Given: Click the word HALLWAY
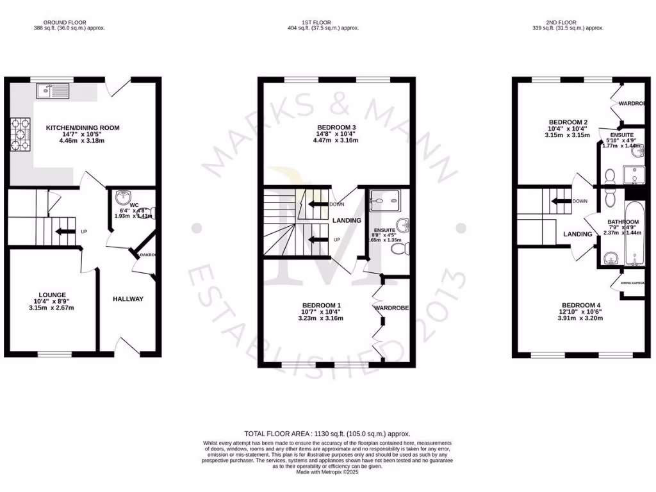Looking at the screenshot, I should (128, 299).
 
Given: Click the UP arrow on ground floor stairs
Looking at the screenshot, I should (65, 232).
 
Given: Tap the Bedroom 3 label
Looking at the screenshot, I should (335, 126).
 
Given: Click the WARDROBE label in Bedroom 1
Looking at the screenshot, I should (391, 308).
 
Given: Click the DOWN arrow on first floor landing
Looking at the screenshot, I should (318, 204).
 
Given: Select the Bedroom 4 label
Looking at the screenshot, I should (582, 305).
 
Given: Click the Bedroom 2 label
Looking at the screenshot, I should (568, 122).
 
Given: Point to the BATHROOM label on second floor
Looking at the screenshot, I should (623, 222).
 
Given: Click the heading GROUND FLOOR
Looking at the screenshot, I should (69, 22).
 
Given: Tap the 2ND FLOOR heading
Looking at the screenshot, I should (568, 22).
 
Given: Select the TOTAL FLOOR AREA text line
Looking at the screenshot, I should (327, 434).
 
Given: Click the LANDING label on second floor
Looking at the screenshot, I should (578, 234).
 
